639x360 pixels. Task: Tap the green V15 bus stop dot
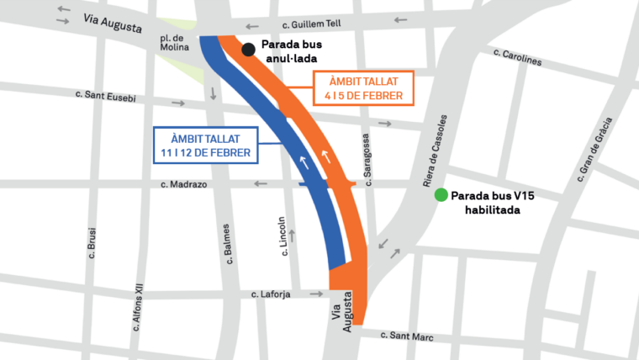tap(440, 196)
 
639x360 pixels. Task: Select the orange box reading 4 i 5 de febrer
tap(364, 88)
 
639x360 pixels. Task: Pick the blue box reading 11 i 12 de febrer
tap(206, 146)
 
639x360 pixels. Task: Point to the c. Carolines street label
tap(519, 57)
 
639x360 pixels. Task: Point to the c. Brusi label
tap(92, 244)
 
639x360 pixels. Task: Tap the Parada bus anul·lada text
tap(291, 52)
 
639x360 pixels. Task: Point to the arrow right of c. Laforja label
tap(317, 294)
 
